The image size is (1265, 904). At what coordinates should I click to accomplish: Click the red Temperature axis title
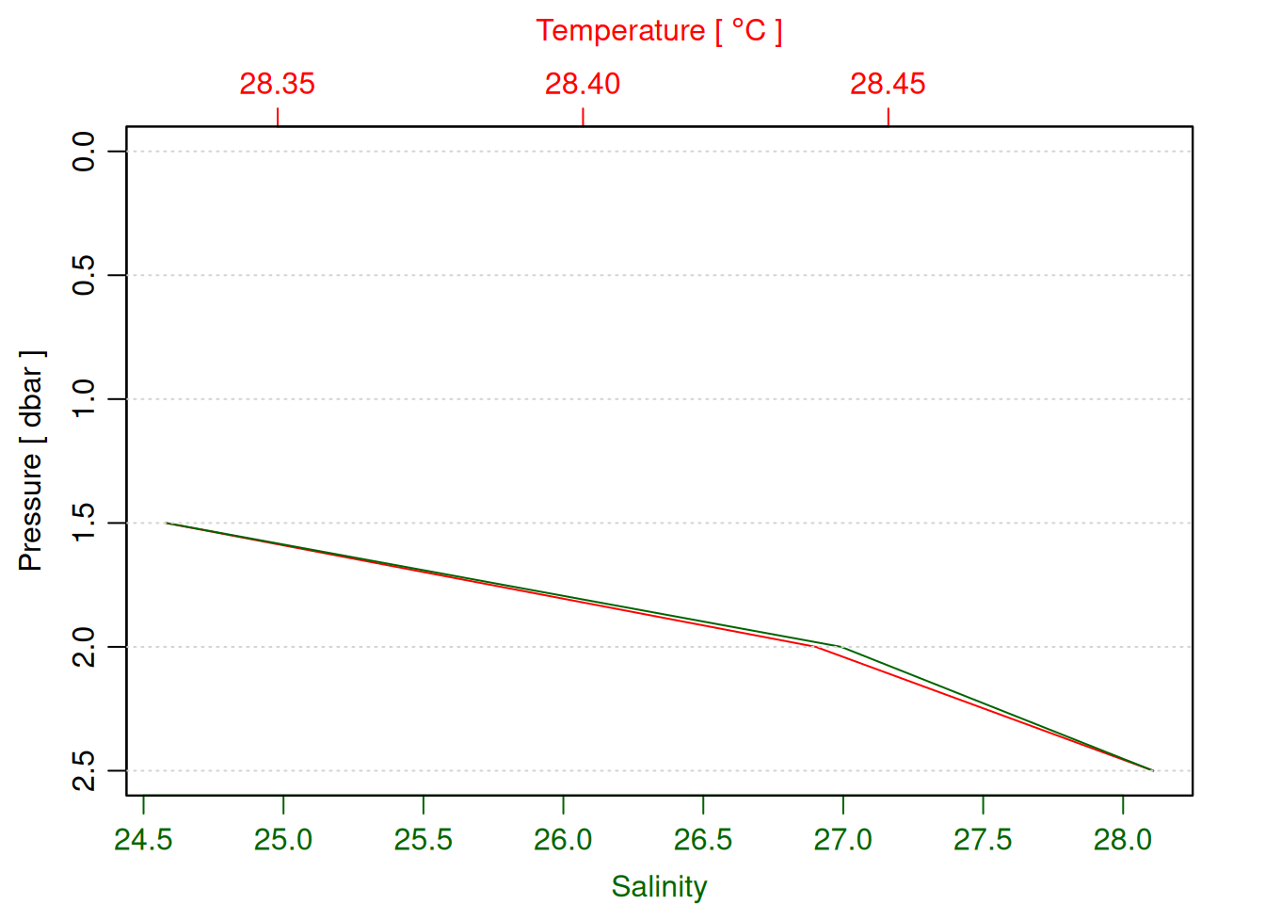659,31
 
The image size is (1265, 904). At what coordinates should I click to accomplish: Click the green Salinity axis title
659,886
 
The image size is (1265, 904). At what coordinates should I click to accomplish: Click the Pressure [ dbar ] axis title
31,461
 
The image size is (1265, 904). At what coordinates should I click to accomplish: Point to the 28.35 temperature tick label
277,84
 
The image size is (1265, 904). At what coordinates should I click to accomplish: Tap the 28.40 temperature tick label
583,84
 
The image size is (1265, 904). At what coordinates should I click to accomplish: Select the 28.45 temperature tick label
888,84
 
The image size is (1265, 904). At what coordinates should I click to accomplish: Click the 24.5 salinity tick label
143,839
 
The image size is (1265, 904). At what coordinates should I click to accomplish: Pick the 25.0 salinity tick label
283,839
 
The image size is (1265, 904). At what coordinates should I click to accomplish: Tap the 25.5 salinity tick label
424,839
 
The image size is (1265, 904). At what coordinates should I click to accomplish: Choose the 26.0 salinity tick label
563,839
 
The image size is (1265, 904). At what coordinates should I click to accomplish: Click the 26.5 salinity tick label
703,839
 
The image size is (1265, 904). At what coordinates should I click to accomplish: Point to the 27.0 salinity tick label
842,839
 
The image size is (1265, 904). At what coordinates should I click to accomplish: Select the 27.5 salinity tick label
983,839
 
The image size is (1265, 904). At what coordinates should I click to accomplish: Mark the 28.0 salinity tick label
1122,839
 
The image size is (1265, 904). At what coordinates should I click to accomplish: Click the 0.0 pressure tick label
85,151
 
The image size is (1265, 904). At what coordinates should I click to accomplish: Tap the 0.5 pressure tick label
85,275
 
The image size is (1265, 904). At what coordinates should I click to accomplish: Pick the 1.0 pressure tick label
85,399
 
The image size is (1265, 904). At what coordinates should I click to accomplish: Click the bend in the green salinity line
839,647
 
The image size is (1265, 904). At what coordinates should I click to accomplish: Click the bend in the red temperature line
814,647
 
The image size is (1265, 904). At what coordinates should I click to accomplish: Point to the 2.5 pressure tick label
85,770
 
